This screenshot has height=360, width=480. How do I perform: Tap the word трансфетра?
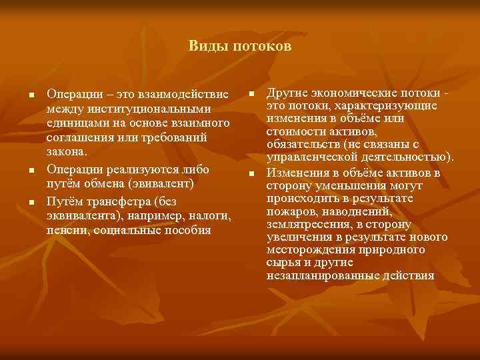point(113,202)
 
